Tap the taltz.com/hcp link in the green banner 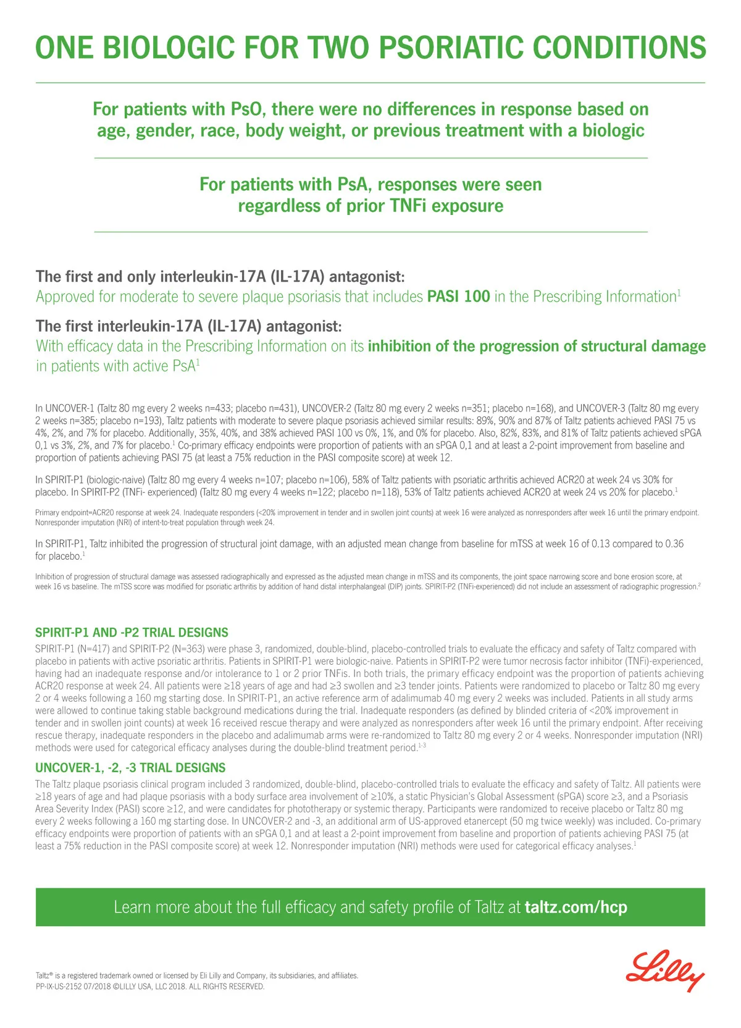point(576,907)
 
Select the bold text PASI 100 point(458,297)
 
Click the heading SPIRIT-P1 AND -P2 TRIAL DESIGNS point(132,633)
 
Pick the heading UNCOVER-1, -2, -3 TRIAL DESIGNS point(130,768)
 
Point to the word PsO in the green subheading point(246,109)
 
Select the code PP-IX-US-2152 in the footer point(60,987)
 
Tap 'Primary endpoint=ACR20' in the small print point(77,513)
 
